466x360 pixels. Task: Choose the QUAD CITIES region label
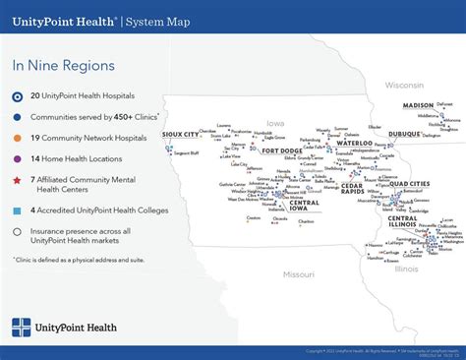coord(409,184)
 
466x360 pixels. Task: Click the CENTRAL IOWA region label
coord(304,206)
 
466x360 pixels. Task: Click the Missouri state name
coord(299,274)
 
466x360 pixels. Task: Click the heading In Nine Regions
coord(63,66)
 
